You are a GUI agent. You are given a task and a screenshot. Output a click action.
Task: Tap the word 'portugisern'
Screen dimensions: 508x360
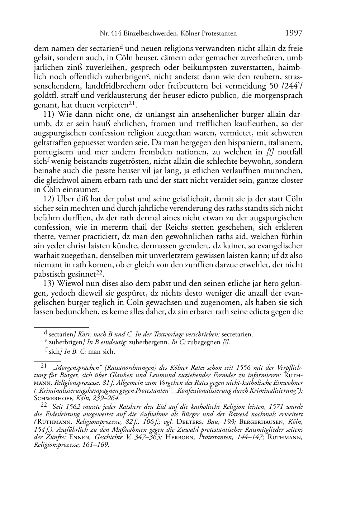(x=53, y=152)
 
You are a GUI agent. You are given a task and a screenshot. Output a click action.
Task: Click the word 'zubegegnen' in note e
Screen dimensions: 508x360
(x=202, y=342)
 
